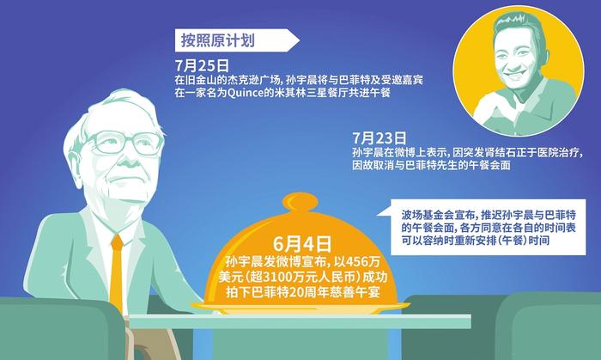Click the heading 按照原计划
[218, 40]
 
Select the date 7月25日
[202, 65]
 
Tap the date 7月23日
[379, 138]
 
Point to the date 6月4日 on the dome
[302, 244]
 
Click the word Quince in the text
[242, 93]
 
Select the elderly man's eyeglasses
[124, 143]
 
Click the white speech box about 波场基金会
[488, 227]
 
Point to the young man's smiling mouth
[513, 74]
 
